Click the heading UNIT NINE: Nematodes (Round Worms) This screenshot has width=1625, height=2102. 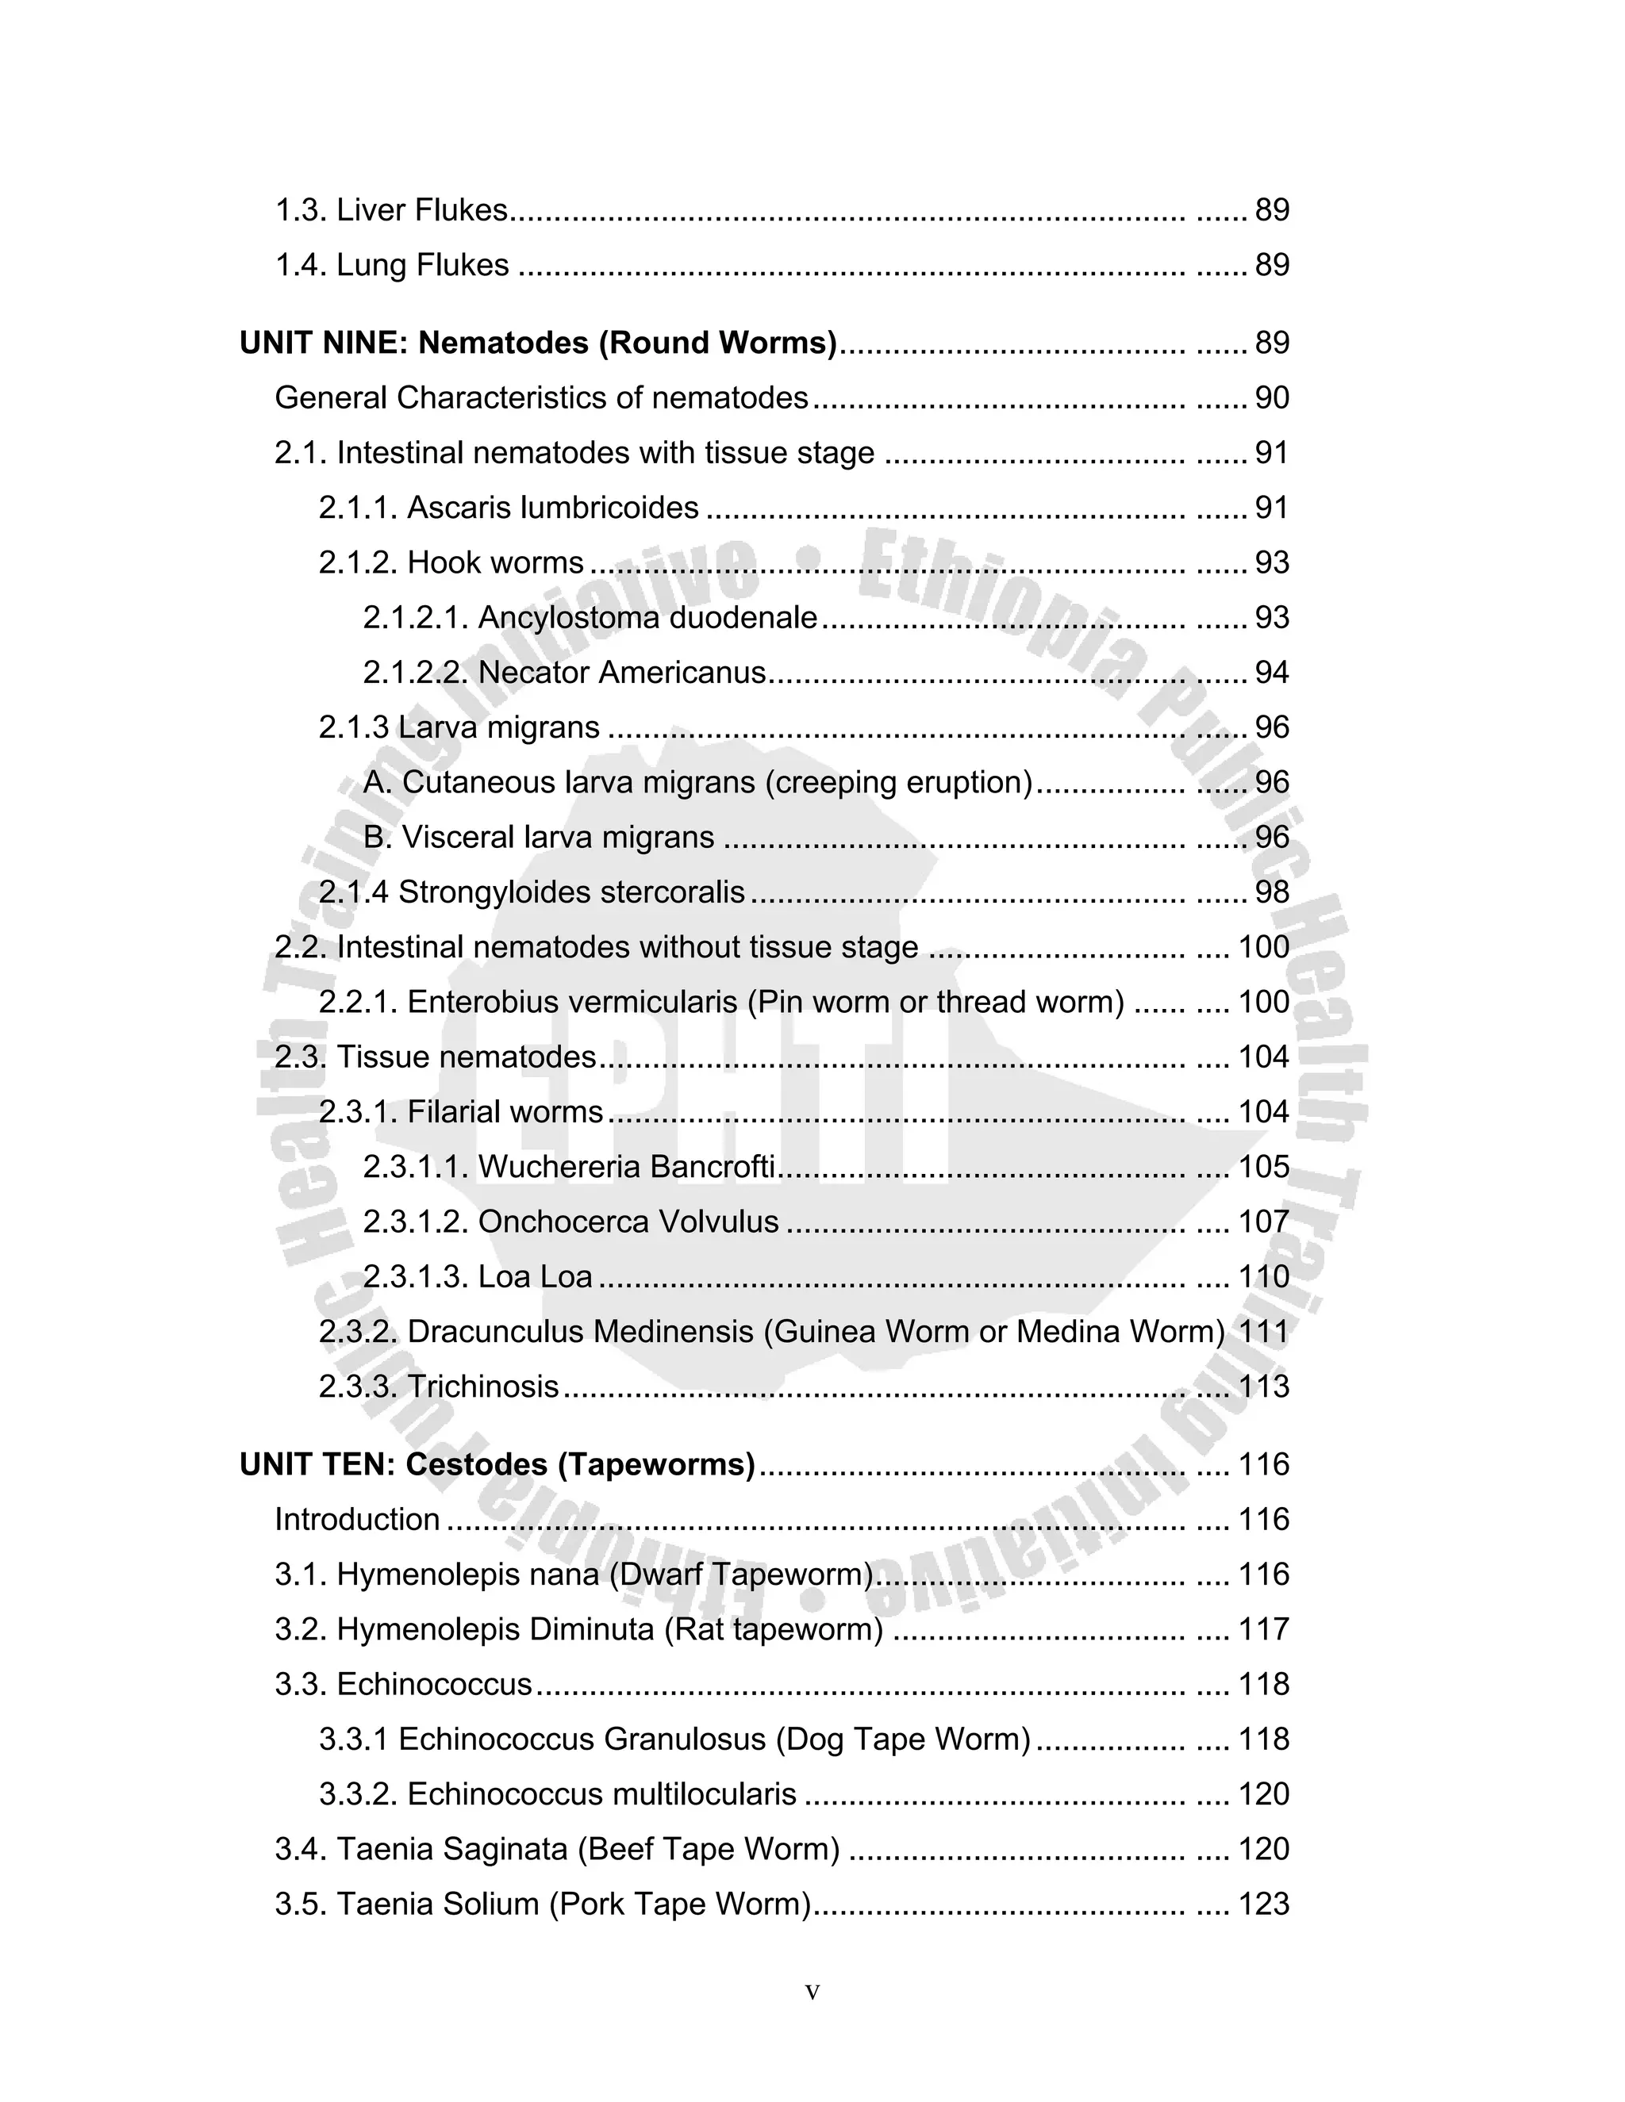pos(538,343)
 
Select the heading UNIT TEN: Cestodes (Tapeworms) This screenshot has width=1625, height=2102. pos(497,1464)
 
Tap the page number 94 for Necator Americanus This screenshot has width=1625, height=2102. pos(1271,672)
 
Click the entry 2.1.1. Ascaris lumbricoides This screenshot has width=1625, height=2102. pos(509,507)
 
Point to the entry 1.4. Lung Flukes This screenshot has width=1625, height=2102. pos(392,265)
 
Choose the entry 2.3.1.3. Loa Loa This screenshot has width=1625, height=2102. pos(478,1276)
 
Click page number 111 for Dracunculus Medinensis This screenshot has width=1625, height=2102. pos(1263,1331)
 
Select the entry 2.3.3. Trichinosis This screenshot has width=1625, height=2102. pos(438,1386)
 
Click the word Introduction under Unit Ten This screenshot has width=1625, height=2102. pos(357,1519)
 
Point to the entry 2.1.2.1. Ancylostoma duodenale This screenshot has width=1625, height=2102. pos(590,617)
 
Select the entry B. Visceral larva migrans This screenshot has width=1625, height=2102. pos(538,838)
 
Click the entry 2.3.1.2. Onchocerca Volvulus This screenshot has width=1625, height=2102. pos(570,1222)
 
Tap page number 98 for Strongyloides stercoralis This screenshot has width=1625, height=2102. pos(1271,892)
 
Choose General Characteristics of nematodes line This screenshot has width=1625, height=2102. pos(541,397)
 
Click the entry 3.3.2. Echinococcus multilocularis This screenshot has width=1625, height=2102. pos(557,1794)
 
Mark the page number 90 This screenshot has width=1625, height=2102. pos(1271,397)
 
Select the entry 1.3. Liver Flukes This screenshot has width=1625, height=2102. pos(391,210)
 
